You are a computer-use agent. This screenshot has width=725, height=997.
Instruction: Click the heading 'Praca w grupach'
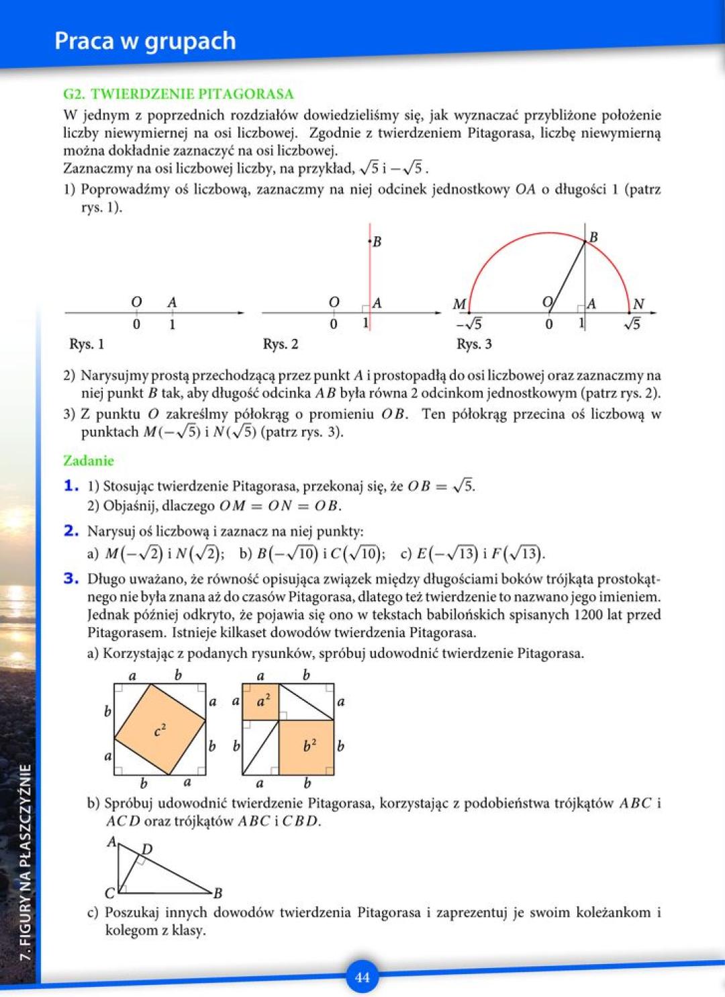(145, 41)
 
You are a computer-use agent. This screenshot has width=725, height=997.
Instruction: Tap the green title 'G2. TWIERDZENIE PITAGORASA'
(179, 94)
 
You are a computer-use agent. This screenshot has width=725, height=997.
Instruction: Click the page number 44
(362, 977)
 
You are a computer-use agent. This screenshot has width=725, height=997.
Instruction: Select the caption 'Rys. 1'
(87, 344)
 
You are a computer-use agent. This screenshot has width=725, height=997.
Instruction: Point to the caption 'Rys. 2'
(281, 344)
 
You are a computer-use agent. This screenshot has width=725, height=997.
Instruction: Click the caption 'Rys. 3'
(474, 344)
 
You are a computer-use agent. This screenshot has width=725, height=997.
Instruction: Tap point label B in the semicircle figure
(593, 237)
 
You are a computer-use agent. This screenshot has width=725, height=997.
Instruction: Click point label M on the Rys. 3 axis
(460, 304)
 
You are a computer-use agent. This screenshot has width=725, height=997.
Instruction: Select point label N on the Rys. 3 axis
(638, 304)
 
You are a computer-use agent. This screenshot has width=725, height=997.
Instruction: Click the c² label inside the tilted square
(160, 730)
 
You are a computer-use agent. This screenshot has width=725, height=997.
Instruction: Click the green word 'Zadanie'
(89, 461)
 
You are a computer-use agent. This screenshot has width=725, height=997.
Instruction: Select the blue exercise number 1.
(71, 485)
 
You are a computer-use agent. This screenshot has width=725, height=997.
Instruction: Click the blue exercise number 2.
(71, 530)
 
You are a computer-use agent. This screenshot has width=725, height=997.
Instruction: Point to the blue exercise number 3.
(71, 578)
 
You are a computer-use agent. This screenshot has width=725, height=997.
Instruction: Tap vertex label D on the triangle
(147, 849)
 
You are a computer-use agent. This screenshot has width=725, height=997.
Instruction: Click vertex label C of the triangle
(110, 893)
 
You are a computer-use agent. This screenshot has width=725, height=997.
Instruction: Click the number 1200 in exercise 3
(588, 614)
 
